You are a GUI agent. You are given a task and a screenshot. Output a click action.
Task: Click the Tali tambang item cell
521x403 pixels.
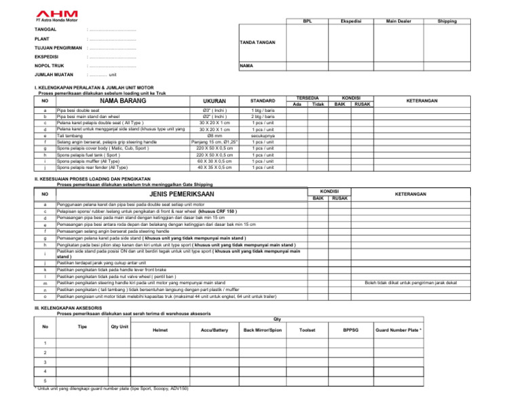pos(73,135)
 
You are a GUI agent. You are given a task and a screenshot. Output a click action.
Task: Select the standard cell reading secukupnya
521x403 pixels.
pos(258,135)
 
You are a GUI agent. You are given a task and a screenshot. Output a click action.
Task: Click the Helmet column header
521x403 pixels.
pos(161,330)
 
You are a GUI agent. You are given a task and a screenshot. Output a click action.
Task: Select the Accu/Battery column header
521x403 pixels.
pos(214,330)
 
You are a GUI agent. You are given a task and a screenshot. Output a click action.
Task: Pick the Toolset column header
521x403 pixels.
pos(307,330)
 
